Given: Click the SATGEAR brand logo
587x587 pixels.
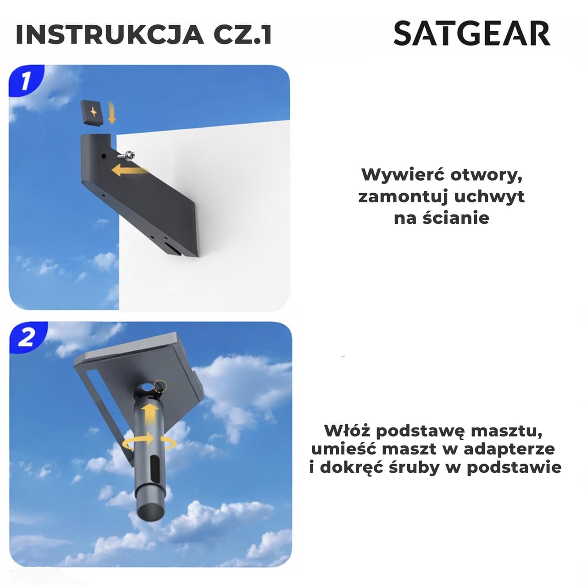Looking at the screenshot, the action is coord(472,33).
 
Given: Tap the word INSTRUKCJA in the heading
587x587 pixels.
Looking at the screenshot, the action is coord(110,34).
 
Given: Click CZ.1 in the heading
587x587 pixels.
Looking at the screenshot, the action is coord(243,34).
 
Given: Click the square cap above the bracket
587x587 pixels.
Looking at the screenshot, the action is coord(93,113).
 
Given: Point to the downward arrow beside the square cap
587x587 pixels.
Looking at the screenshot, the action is coord(112,113).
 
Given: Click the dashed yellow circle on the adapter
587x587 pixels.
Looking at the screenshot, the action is coord(160,387).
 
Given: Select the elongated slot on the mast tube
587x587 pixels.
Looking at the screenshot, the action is coord(155,469).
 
